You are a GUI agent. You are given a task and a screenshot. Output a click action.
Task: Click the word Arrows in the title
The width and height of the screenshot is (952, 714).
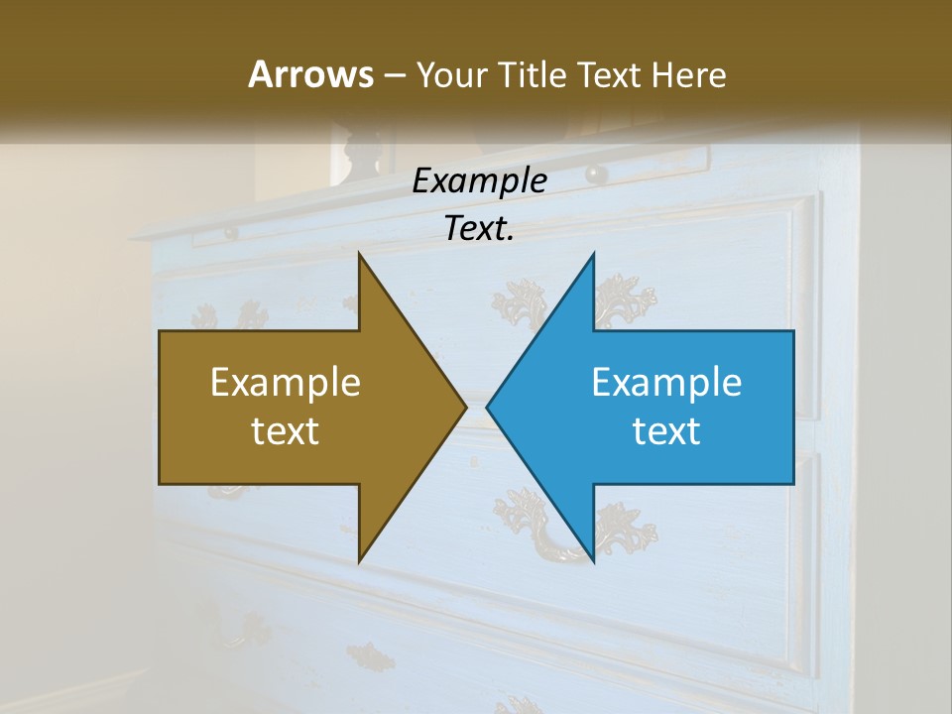pos(310,74)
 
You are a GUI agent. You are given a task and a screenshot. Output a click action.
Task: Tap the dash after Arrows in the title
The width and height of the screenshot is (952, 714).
pos(394,75)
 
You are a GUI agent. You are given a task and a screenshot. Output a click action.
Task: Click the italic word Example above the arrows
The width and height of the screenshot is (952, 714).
pos(480,181)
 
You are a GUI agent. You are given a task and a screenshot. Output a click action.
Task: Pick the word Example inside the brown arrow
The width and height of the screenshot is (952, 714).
pos(286,383)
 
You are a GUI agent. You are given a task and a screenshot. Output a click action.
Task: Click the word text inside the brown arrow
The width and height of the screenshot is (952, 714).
pos(286,431)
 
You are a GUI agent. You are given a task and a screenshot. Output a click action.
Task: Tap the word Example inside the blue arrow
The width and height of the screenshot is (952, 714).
pos(666,383)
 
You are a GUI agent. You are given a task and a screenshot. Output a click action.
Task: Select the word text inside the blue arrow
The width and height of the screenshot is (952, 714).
pos(666,431)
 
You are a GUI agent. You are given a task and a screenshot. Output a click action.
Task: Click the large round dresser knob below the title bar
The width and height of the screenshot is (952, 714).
pos(597,174)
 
